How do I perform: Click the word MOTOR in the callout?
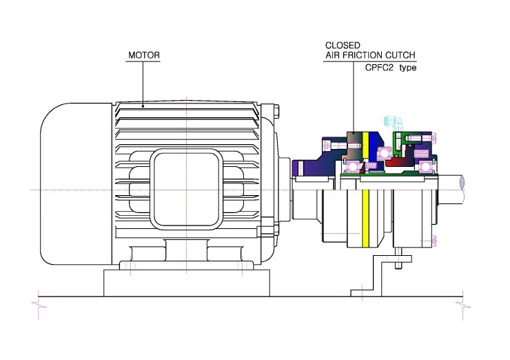click(144, 55)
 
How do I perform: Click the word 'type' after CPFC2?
click(408, 68)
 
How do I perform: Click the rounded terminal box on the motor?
click(186, 189)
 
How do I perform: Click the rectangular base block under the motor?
click(186, 283)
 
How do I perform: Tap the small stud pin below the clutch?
click(398, 258)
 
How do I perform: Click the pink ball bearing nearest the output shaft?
click(427, 167)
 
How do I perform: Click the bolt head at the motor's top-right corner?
click(277, 110)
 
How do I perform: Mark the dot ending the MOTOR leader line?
click(143, 106)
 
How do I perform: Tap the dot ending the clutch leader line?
click(354, 132)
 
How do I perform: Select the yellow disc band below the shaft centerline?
click(365, 219)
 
